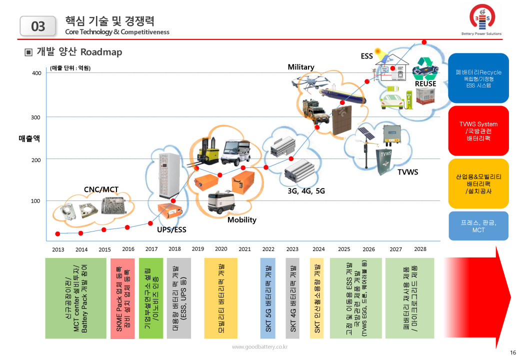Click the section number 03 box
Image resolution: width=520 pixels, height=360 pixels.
[x=38, y=26]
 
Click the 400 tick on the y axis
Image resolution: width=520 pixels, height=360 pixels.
[x=36, y=74]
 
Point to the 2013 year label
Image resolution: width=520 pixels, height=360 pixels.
[x=58, y=249]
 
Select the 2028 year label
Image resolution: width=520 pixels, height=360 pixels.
[x=420, y=249]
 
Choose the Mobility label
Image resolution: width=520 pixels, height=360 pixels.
[x=242, y=220]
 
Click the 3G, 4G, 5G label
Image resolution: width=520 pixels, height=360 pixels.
[x=306, y=190]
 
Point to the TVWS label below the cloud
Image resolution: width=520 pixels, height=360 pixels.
[x=407, y=172]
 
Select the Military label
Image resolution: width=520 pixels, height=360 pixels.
[x=300, y=67]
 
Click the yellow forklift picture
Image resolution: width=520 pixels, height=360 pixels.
[x=205, y=149]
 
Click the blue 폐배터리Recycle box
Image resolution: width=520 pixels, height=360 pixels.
[x=478, y=78]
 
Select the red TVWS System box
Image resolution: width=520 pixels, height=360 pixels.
[x=478, y=130]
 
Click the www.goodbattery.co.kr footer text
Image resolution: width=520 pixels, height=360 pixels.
[x=259, y=346]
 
